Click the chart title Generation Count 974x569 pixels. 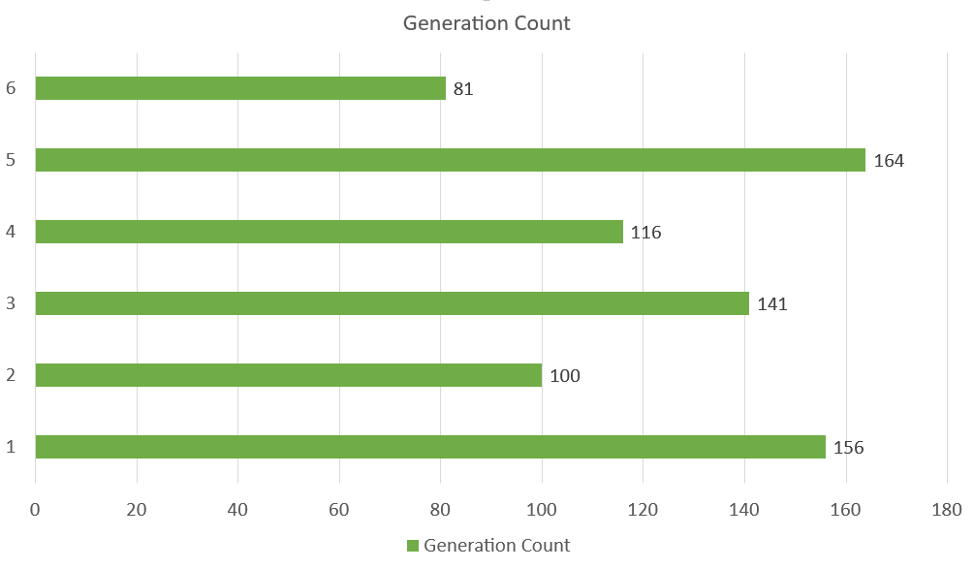(487, 23)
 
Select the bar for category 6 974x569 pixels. (240, 88)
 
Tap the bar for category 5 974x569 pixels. (450, 160)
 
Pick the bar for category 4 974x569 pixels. (329, 232)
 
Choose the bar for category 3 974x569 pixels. (392, 303)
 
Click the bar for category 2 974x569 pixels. (288, 375)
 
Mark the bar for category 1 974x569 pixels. (429, 447)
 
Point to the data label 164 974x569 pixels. (889, 161)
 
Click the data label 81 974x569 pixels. (463, 89)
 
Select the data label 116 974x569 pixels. (645, 233)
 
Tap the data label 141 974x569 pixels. (772, 304)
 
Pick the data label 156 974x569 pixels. (848, 448)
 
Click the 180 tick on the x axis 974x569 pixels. (947, 510)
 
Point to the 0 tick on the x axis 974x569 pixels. (35, 510)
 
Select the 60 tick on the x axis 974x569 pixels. (339, 510)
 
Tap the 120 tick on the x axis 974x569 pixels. (643, 510)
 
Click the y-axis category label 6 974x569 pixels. (11, 88)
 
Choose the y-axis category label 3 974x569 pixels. (11, 303)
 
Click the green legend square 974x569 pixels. (412, 546)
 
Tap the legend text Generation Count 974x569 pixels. (496, 546)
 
